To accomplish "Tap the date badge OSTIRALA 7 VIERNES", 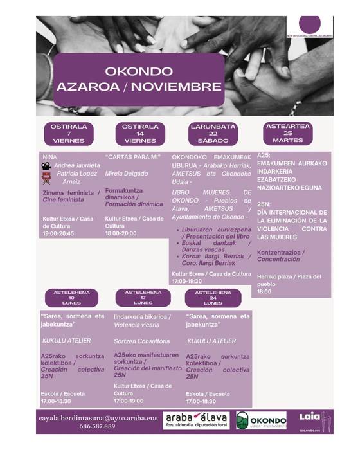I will point(69,133).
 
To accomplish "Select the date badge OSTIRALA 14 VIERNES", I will point(140,133).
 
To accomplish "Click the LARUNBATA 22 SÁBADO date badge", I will point(213,133).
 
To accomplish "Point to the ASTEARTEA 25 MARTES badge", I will point(287,133).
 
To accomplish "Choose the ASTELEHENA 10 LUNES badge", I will point(71,298).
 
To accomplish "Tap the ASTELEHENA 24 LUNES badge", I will point(212,298).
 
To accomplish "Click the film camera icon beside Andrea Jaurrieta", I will point(47,165).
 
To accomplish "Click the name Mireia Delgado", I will point(127,174).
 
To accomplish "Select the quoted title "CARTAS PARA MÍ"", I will point(133,157).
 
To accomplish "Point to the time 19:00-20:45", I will point(58,234).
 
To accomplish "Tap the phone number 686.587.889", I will point(98,426).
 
